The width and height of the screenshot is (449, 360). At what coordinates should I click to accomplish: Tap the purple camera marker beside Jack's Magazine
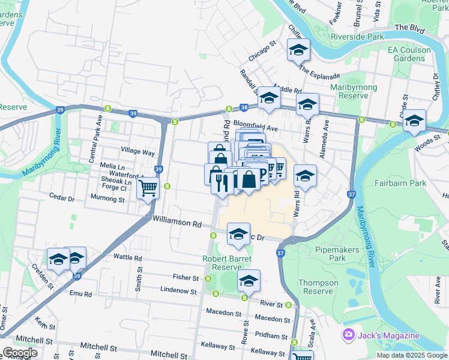(x=348, y=334)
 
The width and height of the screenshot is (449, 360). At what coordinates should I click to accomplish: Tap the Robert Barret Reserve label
(x=227, y=263)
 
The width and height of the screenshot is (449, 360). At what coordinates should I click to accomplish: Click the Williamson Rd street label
(x=176, y=223)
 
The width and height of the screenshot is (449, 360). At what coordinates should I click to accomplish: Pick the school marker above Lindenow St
(x=248, y=280)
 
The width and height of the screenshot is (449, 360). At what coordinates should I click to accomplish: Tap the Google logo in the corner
(x=19, y=353)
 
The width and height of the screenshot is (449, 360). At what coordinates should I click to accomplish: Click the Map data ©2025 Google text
(x=412, y=355)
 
